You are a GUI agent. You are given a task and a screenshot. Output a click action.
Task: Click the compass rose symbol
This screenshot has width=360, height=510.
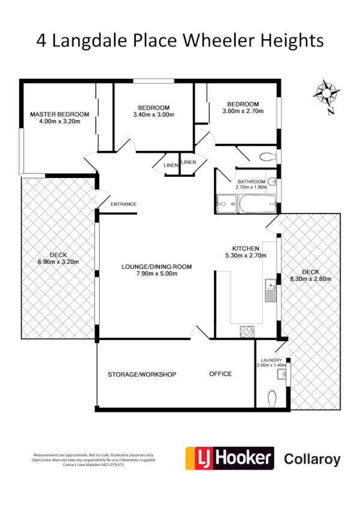point(327,93)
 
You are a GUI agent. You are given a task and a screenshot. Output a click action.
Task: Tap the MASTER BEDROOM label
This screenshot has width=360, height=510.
point(59,114)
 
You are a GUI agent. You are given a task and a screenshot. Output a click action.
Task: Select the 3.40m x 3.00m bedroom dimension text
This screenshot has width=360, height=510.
point(153,114)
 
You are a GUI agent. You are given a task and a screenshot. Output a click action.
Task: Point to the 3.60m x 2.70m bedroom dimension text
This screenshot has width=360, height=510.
point(240,111)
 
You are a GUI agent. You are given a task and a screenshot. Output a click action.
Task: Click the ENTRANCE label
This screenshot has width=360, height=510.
point(123,204)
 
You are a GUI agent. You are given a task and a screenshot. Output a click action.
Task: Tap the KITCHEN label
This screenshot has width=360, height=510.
point(246,248)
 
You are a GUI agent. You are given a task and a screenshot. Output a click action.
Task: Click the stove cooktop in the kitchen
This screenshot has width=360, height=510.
point(246,330)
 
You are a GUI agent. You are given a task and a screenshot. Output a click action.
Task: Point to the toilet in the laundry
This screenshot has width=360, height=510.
point(272,398)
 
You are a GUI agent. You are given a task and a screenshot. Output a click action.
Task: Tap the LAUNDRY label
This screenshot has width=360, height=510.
point(272,360)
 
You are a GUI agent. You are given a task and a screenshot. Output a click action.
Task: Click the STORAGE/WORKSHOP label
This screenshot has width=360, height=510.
point(142,374)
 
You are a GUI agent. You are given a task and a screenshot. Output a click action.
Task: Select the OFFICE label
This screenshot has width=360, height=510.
point(220,374)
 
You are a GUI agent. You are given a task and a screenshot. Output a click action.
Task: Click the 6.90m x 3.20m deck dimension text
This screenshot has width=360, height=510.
point(58,262)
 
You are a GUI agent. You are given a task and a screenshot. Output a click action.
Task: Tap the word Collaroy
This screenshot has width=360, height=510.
point(311,460)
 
